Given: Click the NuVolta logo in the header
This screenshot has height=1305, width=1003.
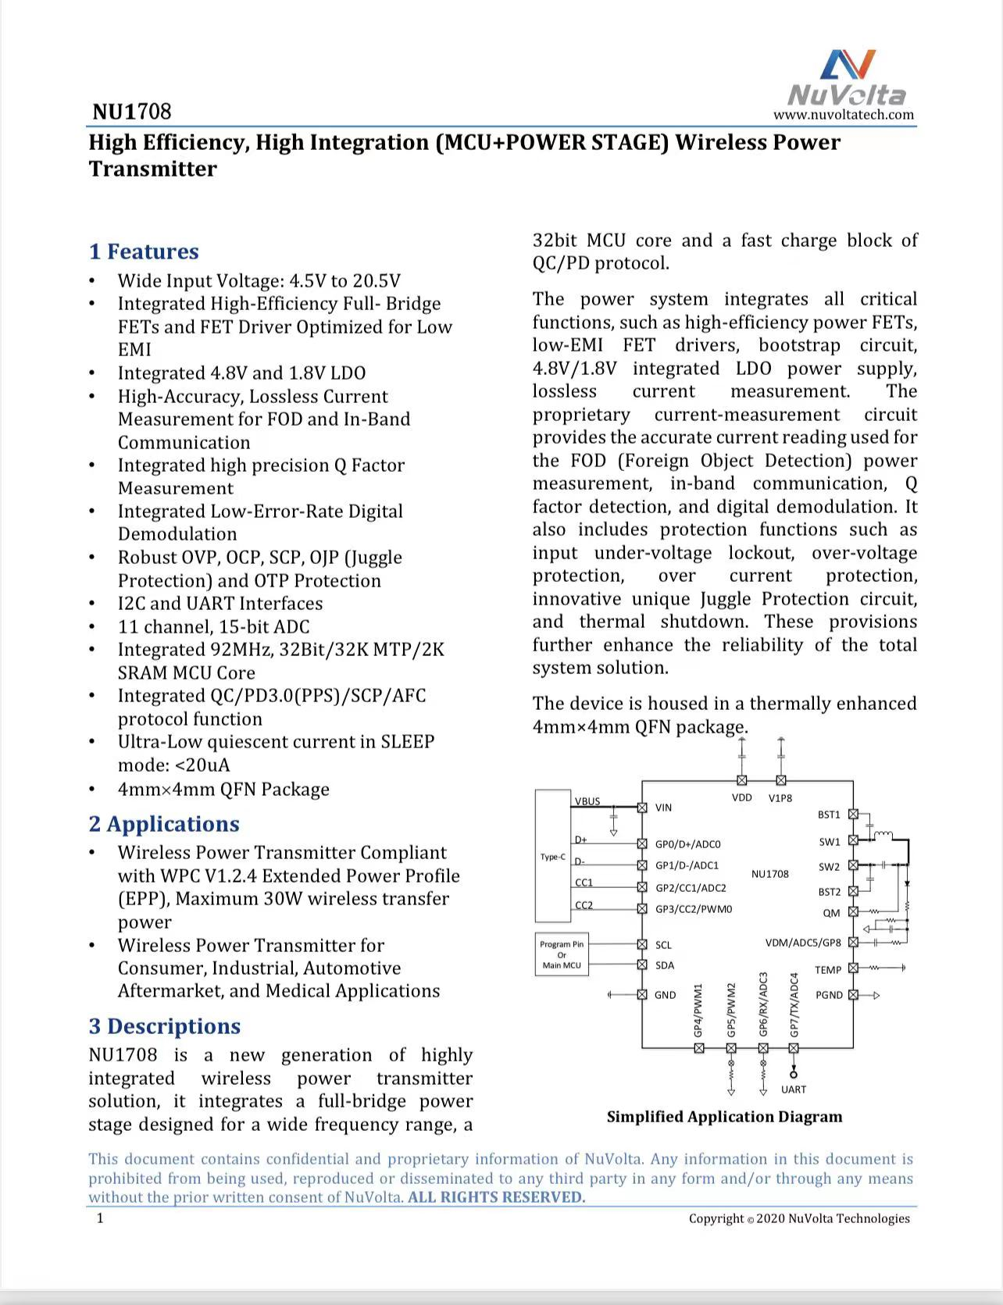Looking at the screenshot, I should click(x=847, y=78).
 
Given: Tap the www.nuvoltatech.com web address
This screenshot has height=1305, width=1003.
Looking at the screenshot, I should click(x=844, y=115).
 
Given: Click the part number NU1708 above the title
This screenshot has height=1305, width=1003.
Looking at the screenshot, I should click(x=131, y=112).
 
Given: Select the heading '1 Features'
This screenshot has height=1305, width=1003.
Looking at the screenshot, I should click(x=144, y=251).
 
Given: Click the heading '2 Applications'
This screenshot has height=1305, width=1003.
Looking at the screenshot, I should click(x=164, y=824).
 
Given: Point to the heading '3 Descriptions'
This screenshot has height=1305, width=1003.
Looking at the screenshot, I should click(x=164, y=1026).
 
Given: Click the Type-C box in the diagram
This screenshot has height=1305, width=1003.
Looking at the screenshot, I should click(x=553, y=856).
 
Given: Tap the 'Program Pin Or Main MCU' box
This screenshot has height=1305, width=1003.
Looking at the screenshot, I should click(x=562, y=954).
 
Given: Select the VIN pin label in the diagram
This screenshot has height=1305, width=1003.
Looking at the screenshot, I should click(x=663, y=808).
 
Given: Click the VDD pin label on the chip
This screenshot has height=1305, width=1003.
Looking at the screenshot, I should click(x=742, y=797).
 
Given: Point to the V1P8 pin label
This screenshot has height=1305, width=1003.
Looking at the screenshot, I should click(x=780, y=797).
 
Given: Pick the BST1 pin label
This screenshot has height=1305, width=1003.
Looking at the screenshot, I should click(x=829, y=815).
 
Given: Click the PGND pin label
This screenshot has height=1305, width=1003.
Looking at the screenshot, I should click(x=829, y=995).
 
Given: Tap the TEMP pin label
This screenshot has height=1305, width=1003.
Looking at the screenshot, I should click(x=828, y=970).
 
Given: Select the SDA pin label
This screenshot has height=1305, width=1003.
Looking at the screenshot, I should click(x=665, y=965).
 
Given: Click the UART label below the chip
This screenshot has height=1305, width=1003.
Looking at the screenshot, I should click(x=794, y=1089).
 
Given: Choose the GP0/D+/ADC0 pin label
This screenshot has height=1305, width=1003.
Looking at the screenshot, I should click(x=687, y=844).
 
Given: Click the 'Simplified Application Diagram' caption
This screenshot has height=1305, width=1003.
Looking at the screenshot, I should click(x=724, y=1117).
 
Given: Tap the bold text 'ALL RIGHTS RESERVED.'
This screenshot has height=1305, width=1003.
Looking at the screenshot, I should click(x=496, y=1197).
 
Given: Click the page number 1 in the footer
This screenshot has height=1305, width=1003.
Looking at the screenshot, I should click(x=100, y=1218).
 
